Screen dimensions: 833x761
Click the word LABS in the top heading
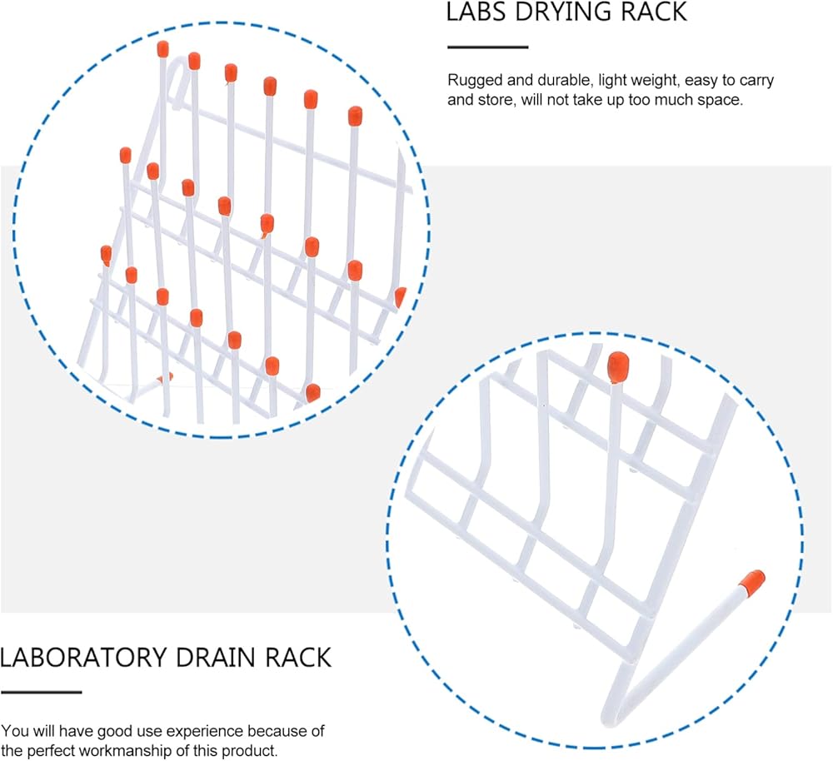476,12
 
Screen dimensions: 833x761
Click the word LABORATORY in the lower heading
83,658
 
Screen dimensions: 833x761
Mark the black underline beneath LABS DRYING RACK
487,47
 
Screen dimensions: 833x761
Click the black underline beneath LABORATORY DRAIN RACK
41,692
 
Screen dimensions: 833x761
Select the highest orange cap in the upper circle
162,49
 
